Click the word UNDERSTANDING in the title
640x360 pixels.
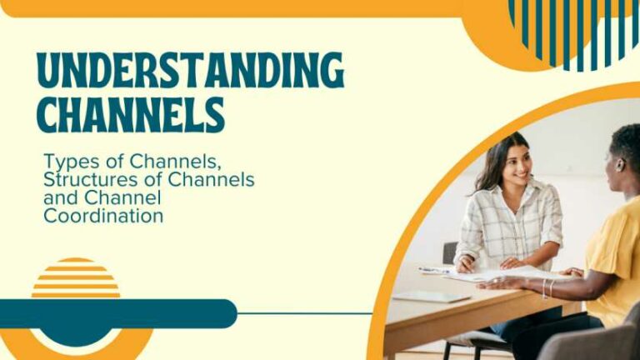point(190,71)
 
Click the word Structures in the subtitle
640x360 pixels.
point(86,179)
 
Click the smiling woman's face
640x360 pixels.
point(516,164)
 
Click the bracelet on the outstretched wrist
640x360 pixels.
point(547,288)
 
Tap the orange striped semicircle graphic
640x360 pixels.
point(76,279)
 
